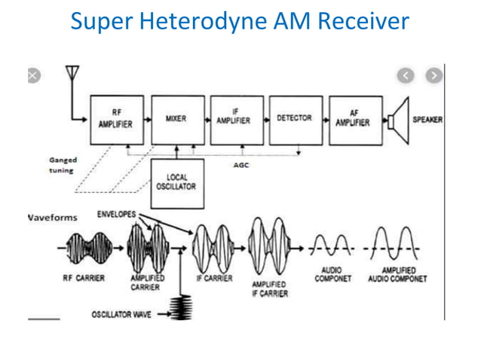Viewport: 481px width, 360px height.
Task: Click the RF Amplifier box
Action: [117, 120]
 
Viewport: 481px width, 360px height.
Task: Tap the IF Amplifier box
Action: [235, 120]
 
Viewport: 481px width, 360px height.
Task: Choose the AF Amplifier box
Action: [353, 119]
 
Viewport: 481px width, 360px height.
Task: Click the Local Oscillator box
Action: [176, 182]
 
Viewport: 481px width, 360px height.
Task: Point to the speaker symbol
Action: [397, 120]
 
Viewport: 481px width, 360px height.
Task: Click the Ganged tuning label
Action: [63, 166]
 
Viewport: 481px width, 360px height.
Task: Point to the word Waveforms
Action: [52, 218]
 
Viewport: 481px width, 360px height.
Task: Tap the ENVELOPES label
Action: [116, 215]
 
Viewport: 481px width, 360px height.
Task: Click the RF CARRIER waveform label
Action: [83, 278]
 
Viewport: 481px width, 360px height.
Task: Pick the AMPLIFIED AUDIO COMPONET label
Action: [397, 274]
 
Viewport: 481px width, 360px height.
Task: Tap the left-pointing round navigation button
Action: [406, 75]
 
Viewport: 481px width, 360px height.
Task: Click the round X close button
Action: [32, 75]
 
